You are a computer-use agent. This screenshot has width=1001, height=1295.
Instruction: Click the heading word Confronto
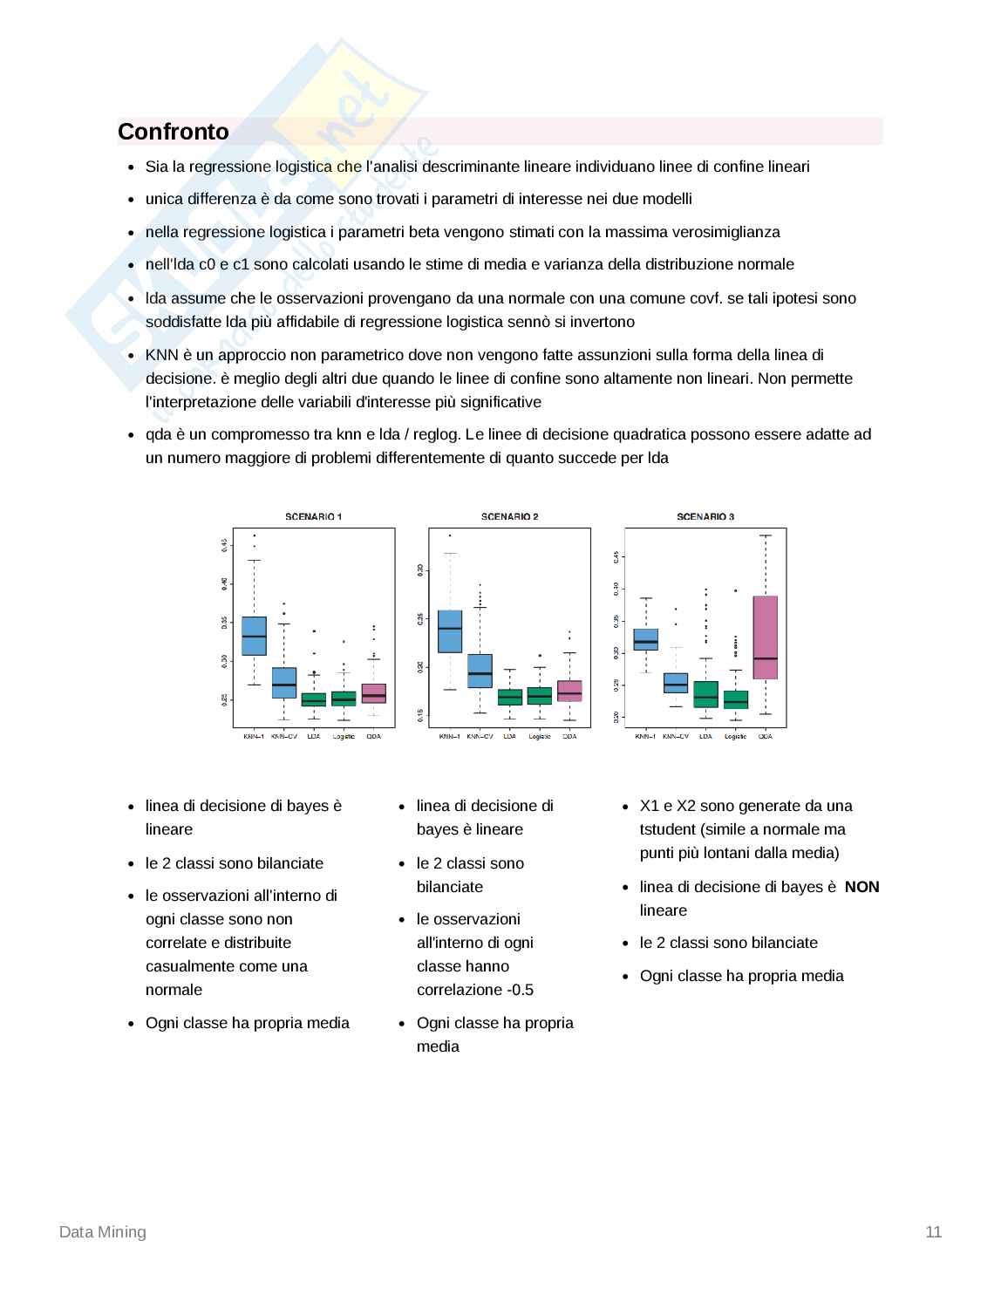click(x=173, y=132)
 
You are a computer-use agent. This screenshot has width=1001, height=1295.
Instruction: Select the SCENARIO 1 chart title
click(x=313, y=517)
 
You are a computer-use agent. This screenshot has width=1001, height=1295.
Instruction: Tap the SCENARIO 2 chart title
click(x=509, y=517)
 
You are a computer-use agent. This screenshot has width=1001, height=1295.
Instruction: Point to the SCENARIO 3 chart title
click(x=705, y=517)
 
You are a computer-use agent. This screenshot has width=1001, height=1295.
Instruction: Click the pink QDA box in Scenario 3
click(x=765, y=637)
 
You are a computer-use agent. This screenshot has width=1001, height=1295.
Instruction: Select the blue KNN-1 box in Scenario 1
click(x=254, y=636)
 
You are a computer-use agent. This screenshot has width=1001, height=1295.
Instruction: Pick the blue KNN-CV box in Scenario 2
click(x=480, y=671)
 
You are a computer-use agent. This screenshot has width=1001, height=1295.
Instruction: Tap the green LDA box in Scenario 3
click(x=705, y=694)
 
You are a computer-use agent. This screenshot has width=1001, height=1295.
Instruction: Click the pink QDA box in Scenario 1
click(x=373, y=693)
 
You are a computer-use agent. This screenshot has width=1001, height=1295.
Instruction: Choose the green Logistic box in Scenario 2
click(x=540, y=696)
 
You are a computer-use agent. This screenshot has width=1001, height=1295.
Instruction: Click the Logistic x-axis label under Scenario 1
click(x=344, y=737)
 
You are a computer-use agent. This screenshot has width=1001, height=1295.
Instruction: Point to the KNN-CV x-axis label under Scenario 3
click(x=675, y=737)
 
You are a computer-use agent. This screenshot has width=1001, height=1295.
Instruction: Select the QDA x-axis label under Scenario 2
click(x=569, y=737)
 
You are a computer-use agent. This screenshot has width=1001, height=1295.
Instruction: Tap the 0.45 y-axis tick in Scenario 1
click(x=224, y=545)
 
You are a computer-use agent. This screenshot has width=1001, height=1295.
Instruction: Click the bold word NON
click(x=861, y=887)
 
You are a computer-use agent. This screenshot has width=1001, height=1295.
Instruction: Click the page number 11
click(x=933, y=1232)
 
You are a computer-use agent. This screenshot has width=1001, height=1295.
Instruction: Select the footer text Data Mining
click(x=103, y=1232)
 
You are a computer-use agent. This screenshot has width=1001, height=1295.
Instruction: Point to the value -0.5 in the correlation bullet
click(x=520, y=990)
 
